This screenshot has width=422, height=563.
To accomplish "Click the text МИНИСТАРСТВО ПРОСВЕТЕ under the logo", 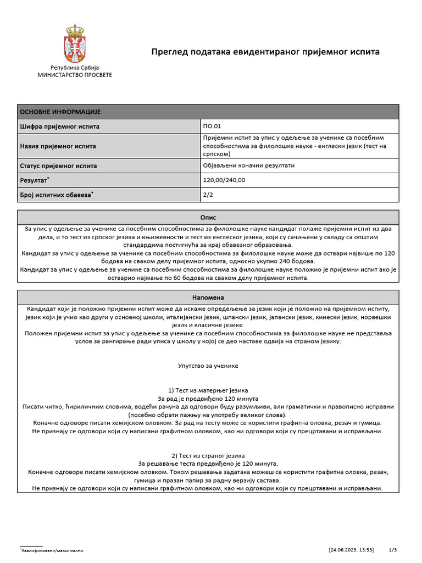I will (74, 75).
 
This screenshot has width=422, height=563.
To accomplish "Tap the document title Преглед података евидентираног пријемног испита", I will (265, 52).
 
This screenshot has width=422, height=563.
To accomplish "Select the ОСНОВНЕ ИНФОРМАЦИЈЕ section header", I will (60, 112).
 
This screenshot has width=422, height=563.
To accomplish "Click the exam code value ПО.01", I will (212, 126).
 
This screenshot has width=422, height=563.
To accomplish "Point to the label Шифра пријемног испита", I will (59, 126).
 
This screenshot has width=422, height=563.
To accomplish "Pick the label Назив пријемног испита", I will (58, 146).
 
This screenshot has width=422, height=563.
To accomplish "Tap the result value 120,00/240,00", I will (224, 180).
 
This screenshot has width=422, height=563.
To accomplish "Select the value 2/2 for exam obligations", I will (208, 195).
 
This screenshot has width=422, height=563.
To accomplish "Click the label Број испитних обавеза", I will (55, 195).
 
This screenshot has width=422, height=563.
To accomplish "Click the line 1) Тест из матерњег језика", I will (208, 390).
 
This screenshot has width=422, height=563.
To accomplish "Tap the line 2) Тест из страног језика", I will (208, 456).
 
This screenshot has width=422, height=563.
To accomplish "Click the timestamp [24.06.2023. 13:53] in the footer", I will (352, 550).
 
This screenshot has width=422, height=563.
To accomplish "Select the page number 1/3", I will (392, 550).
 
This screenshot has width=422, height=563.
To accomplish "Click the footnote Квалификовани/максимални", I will (52, 550).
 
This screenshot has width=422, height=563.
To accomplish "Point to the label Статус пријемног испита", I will (58, 165).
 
